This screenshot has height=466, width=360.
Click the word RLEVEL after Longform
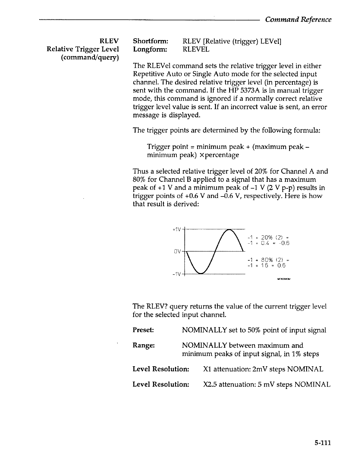[196, 49]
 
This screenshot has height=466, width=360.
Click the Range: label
[144, 345]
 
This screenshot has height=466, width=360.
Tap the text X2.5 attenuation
[226, 384]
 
